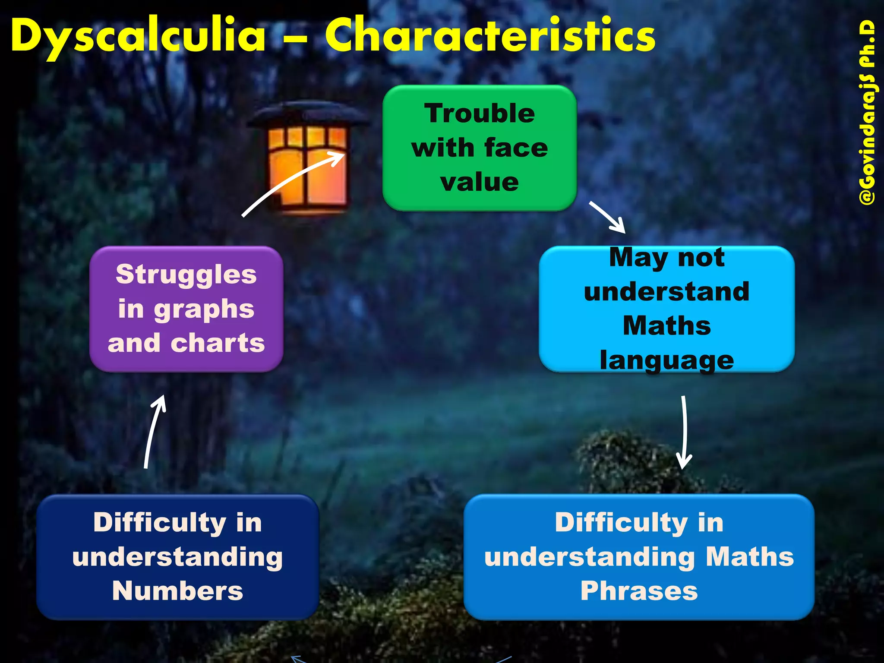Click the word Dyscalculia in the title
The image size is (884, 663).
138,36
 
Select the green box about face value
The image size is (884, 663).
480,148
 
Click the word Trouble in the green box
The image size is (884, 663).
480,114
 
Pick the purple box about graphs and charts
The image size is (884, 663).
186,309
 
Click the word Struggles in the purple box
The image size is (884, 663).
186,275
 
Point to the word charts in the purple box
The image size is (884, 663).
218,343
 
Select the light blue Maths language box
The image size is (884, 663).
666,309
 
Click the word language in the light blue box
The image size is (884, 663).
666,360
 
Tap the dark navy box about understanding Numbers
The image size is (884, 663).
177,557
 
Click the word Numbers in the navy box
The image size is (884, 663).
177,591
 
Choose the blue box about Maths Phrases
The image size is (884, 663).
639,557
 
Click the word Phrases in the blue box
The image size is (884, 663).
639,591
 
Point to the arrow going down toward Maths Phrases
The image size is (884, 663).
684,432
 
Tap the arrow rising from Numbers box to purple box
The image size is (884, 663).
153,432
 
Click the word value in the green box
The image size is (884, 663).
480,182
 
